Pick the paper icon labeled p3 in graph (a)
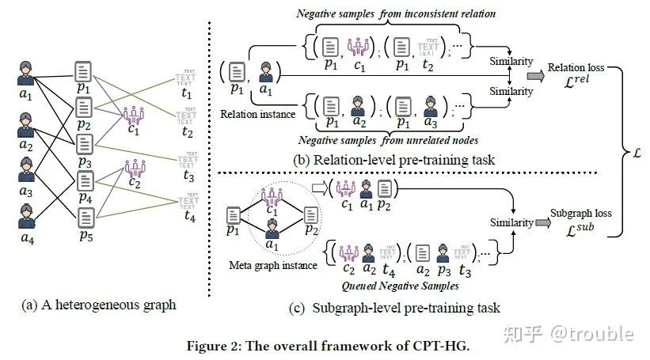click(86, 144)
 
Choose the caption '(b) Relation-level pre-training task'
click(393, 160)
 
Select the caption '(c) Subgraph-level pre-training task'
click(397, 306)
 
